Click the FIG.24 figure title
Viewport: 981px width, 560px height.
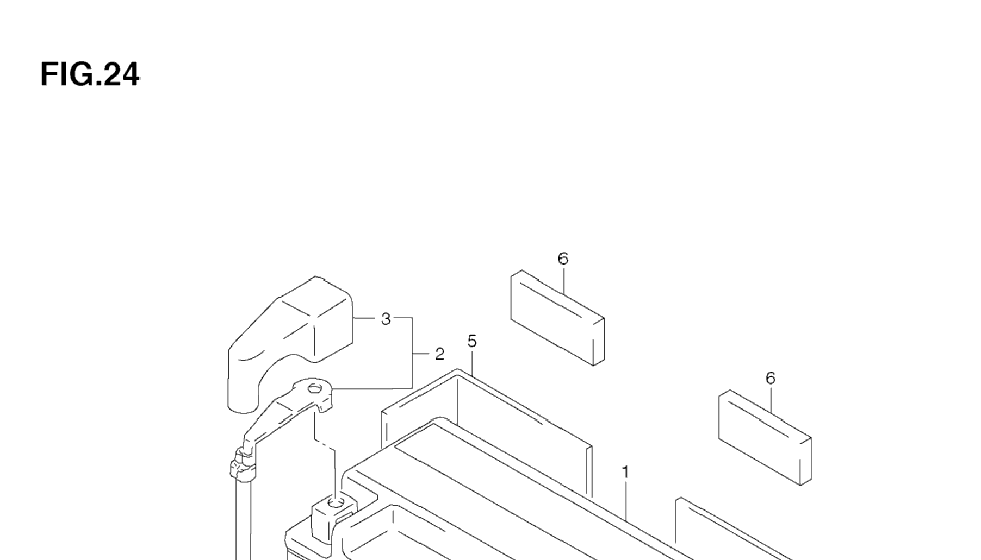[90, 74]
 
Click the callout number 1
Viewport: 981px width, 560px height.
[625, 473]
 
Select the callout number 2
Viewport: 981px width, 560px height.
[439, 355]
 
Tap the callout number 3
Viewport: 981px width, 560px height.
[386, 319]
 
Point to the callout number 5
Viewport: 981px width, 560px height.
[471, 342]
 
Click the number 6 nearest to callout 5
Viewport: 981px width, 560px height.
[563, 259]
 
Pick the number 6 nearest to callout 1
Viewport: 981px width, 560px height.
[770, 378]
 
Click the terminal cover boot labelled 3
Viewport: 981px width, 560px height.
[288, 337]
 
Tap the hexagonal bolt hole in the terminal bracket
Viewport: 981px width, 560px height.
[314, 388]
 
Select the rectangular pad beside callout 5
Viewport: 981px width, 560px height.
[557, 318]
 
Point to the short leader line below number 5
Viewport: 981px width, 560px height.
[472, 363]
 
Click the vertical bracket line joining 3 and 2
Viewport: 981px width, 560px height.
[412, 353]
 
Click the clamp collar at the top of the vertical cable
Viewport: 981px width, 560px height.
[243, 464]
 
